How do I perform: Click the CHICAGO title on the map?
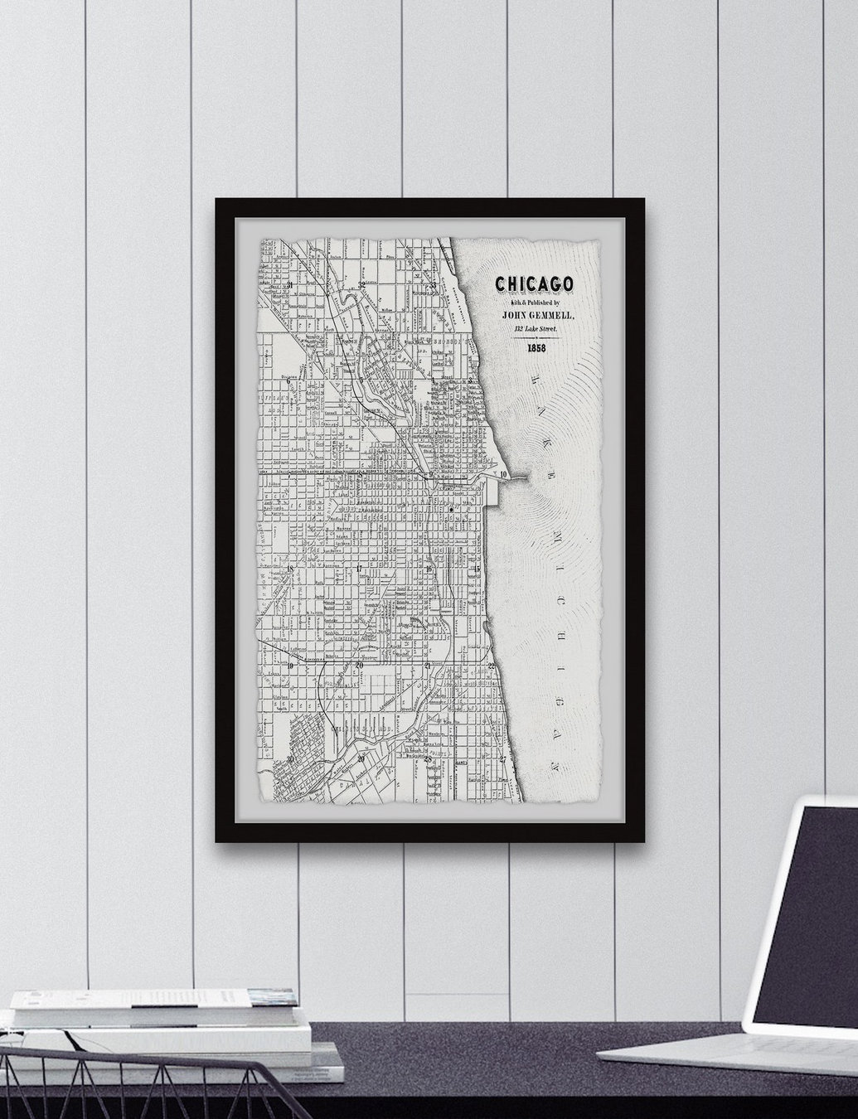[535, 284]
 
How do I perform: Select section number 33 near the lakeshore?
[434, 285]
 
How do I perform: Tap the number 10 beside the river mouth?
[504, 474]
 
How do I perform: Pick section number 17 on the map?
[358, 569]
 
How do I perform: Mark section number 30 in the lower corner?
[290, 758]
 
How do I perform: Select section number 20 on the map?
[359, 665]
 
